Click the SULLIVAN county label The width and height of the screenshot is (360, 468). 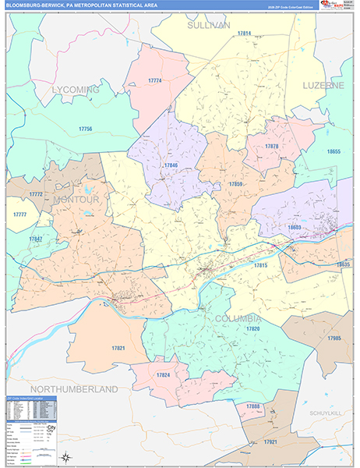click(x=209, y=26)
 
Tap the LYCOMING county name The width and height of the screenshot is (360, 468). click(x=76, y=90)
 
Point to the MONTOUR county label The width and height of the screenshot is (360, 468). click(x=76, y=200)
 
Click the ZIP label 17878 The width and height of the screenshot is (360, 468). click(x=271, y=147)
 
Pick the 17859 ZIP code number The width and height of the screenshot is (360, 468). click(x=236, y=184)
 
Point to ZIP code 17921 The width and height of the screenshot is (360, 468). click(x=269, y=442)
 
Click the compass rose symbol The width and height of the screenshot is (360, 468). click(x=68, y=457)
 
